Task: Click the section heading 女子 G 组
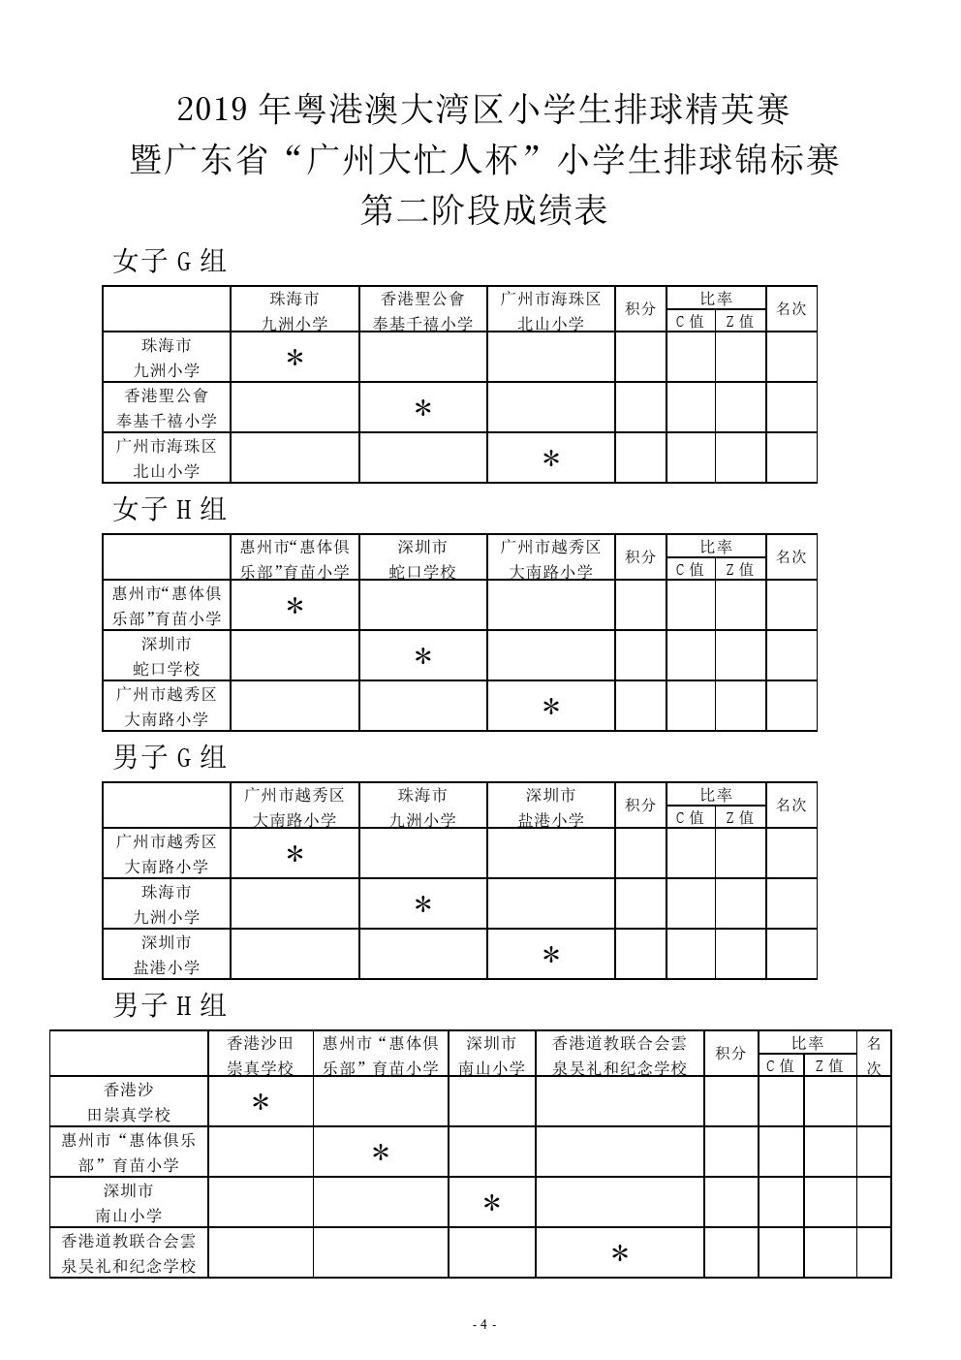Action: coord(170,261)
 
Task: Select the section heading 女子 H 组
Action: coord(170,509)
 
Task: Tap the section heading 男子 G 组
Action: coord(170,756)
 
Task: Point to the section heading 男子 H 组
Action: coord(170,1004)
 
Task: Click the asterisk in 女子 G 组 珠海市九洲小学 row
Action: coord(294,359)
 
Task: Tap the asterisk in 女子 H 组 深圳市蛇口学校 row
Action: coord(422,657)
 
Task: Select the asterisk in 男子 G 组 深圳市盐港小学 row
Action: coord(550,956)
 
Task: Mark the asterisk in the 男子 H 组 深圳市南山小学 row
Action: coord(491,1204)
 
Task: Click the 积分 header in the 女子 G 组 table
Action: coord(639,309)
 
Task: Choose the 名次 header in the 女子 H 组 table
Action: coord(790,557)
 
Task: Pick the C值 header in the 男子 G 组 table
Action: coord(690,817)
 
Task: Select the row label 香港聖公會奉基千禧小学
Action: coord(166,408)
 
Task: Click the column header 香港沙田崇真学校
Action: coord(260,1055)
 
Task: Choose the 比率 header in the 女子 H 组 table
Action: coord(716,547)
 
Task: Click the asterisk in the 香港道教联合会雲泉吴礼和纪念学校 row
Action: coord(620,1254)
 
